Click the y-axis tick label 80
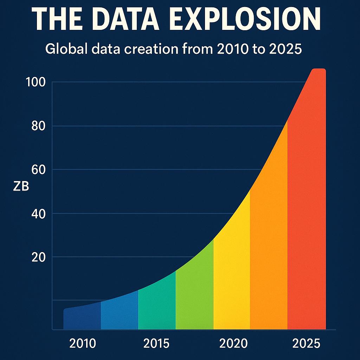coord(38,126)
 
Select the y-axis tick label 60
coord(38,170)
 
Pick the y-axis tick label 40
coord(38,214)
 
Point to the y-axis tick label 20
coord(38,257)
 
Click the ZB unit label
coord(21,187)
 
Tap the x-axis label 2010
coord(82,343)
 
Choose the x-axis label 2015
coord(156,343)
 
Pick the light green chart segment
coord(194,299)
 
